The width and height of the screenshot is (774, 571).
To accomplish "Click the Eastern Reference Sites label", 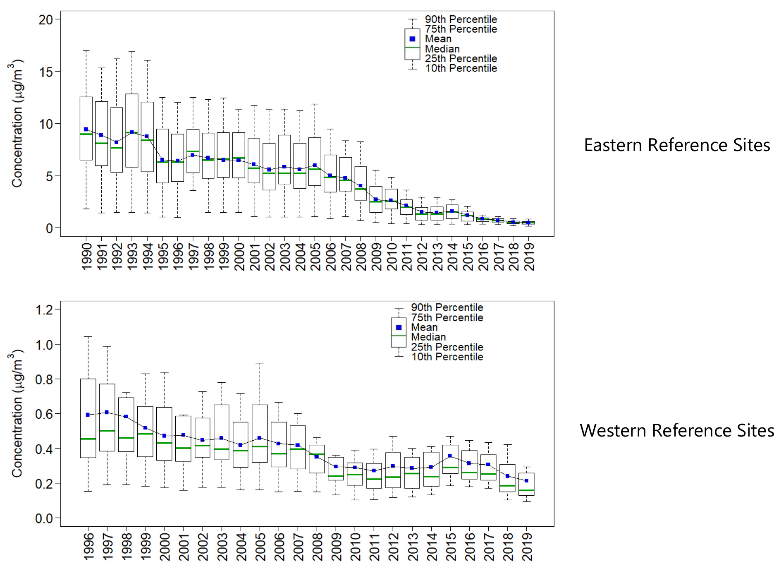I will coord(677,145).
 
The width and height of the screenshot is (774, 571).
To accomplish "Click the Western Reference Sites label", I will coord(676,431).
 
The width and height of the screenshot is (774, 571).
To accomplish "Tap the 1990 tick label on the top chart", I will coord(87,257).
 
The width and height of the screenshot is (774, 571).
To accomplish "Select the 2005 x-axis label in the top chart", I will coord(315,257).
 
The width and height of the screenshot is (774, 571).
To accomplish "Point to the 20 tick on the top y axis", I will coord(46,19).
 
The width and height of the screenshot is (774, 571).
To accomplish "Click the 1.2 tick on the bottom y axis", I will coord(44,309).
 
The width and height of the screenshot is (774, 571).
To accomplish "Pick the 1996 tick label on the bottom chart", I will coord(88,547).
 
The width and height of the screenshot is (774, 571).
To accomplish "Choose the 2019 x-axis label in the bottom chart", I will coord(527,547).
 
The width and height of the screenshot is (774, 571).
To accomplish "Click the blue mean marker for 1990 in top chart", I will coord(86,130).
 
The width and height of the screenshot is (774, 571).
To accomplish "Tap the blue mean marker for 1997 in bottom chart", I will coord(107,412).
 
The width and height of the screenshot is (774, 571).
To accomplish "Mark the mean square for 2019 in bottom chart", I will coord(526,480).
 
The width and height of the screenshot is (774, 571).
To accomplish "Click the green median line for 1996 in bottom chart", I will coord(88,439).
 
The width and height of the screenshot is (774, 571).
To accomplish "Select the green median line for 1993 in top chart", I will coord(132,133).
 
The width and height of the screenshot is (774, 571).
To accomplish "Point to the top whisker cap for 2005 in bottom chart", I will coord(259,363).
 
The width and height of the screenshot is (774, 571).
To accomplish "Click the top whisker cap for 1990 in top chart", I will coord(86,51).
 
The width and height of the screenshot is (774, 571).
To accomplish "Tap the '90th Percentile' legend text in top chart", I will coord(461,19).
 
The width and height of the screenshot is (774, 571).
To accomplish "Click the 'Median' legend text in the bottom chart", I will coord(428,337).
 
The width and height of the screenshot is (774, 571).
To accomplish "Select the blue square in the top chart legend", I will coord(412,39).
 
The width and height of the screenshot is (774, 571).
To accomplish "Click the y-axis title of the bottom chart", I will coord(17,414).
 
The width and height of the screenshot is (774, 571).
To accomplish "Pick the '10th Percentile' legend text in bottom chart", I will coord(447,357).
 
